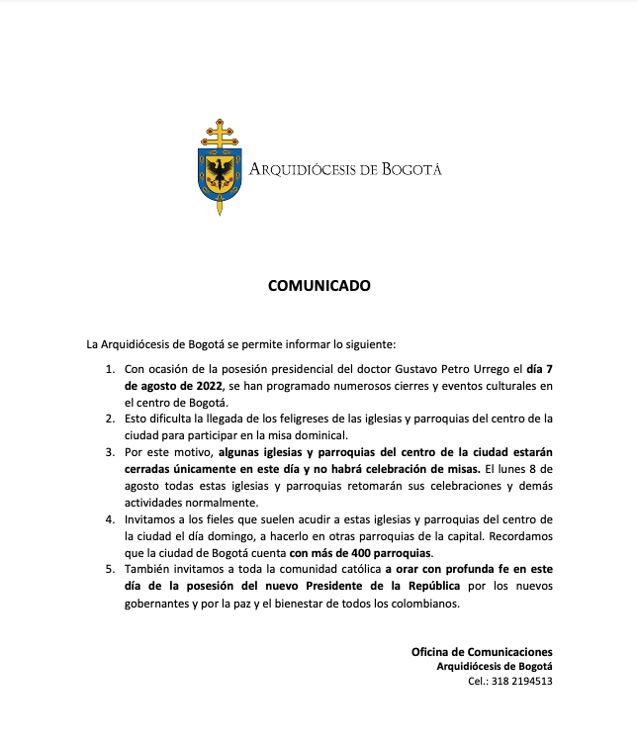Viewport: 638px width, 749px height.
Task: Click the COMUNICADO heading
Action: (319, 286)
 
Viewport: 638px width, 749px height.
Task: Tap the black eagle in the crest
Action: (219, 173)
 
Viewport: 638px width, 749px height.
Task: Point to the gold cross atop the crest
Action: (219, 133)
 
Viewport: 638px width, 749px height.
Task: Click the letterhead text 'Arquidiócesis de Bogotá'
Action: (345, 169)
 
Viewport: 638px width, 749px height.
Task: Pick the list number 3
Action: (110, 452)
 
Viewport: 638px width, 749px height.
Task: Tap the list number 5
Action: (110, 571)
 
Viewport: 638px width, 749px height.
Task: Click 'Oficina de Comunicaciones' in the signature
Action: (482, 652)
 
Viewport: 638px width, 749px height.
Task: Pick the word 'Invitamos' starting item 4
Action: (152, 518)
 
